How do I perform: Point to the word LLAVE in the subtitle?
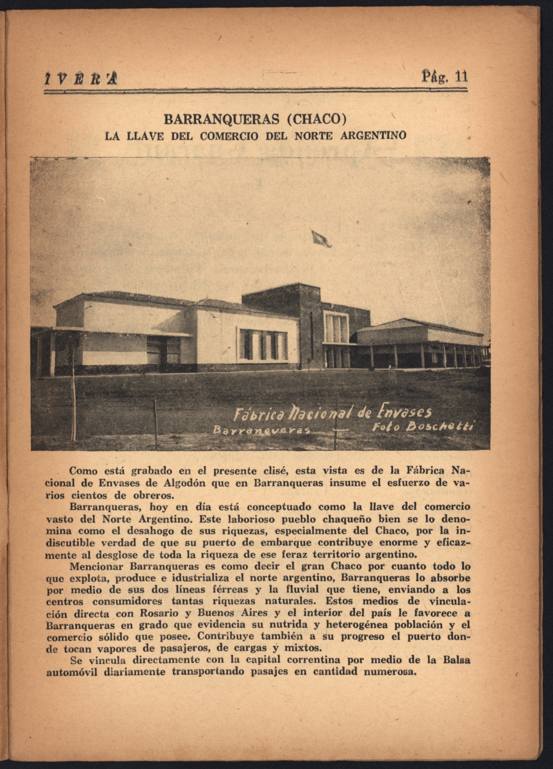pyautogui.click(x=145, y=136)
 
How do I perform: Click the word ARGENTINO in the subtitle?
pyautogui.click(x=372, y=136)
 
